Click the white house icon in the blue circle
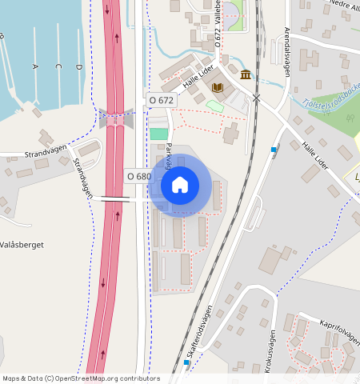tap(180, 185)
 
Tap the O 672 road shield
tap(161, 100)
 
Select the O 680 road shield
tap(138, 176)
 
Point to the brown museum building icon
tap(245, 74)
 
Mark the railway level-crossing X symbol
tap(257, 98)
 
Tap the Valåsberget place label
tap(22, 244)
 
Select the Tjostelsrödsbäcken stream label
tap(329, 100)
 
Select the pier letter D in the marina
tap(79, 67)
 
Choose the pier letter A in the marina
tap(35, 67)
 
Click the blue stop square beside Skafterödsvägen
tap(186, 362)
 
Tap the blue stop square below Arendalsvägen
tap(274, 150)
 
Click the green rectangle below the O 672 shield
tap(159, 134)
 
